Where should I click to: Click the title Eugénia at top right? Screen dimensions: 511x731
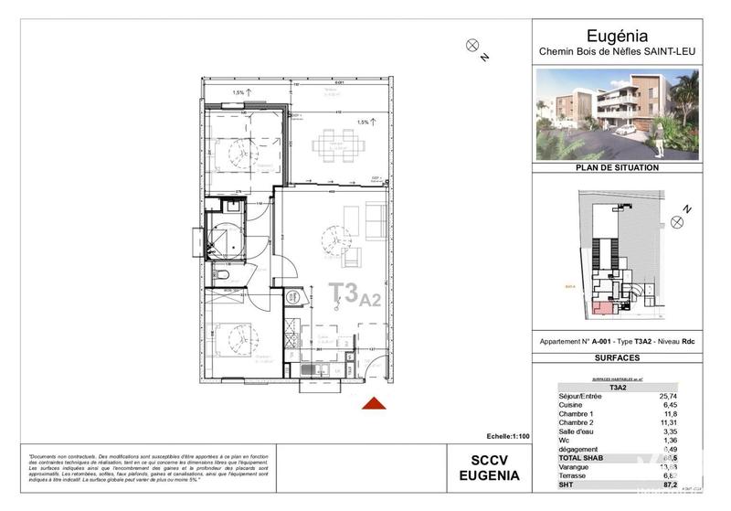coord(618,36)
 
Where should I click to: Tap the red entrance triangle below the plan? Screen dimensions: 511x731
coord(373,404)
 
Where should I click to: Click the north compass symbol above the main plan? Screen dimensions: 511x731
coord(472,45)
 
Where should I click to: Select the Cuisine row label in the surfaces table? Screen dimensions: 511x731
coord(572,405)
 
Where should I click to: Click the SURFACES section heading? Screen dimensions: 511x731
coord(617,358)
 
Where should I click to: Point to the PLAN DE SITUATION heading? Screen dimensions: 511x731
coord(617,168)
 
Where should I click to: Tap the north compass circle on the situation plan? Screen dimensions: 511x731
coord(677,221)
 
